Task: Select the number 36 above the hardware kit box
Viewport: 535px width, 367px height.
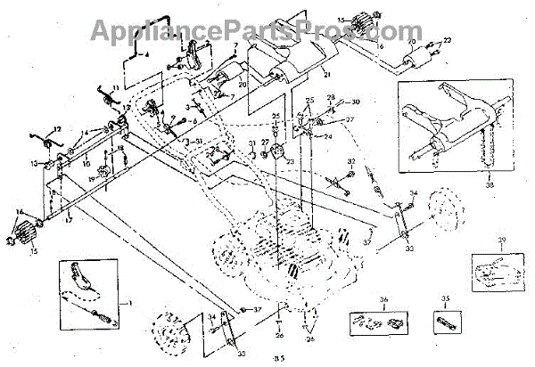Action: point(384,300)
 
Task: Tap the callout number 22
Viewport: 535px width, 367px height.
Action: point(448,41)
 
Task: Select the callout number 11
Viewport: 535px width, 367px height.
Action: point(114,87)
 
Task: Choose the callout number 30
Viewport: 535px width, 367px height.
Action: point(355,102)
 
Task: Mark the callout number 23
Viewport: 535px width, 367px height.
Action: point(291,160)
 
